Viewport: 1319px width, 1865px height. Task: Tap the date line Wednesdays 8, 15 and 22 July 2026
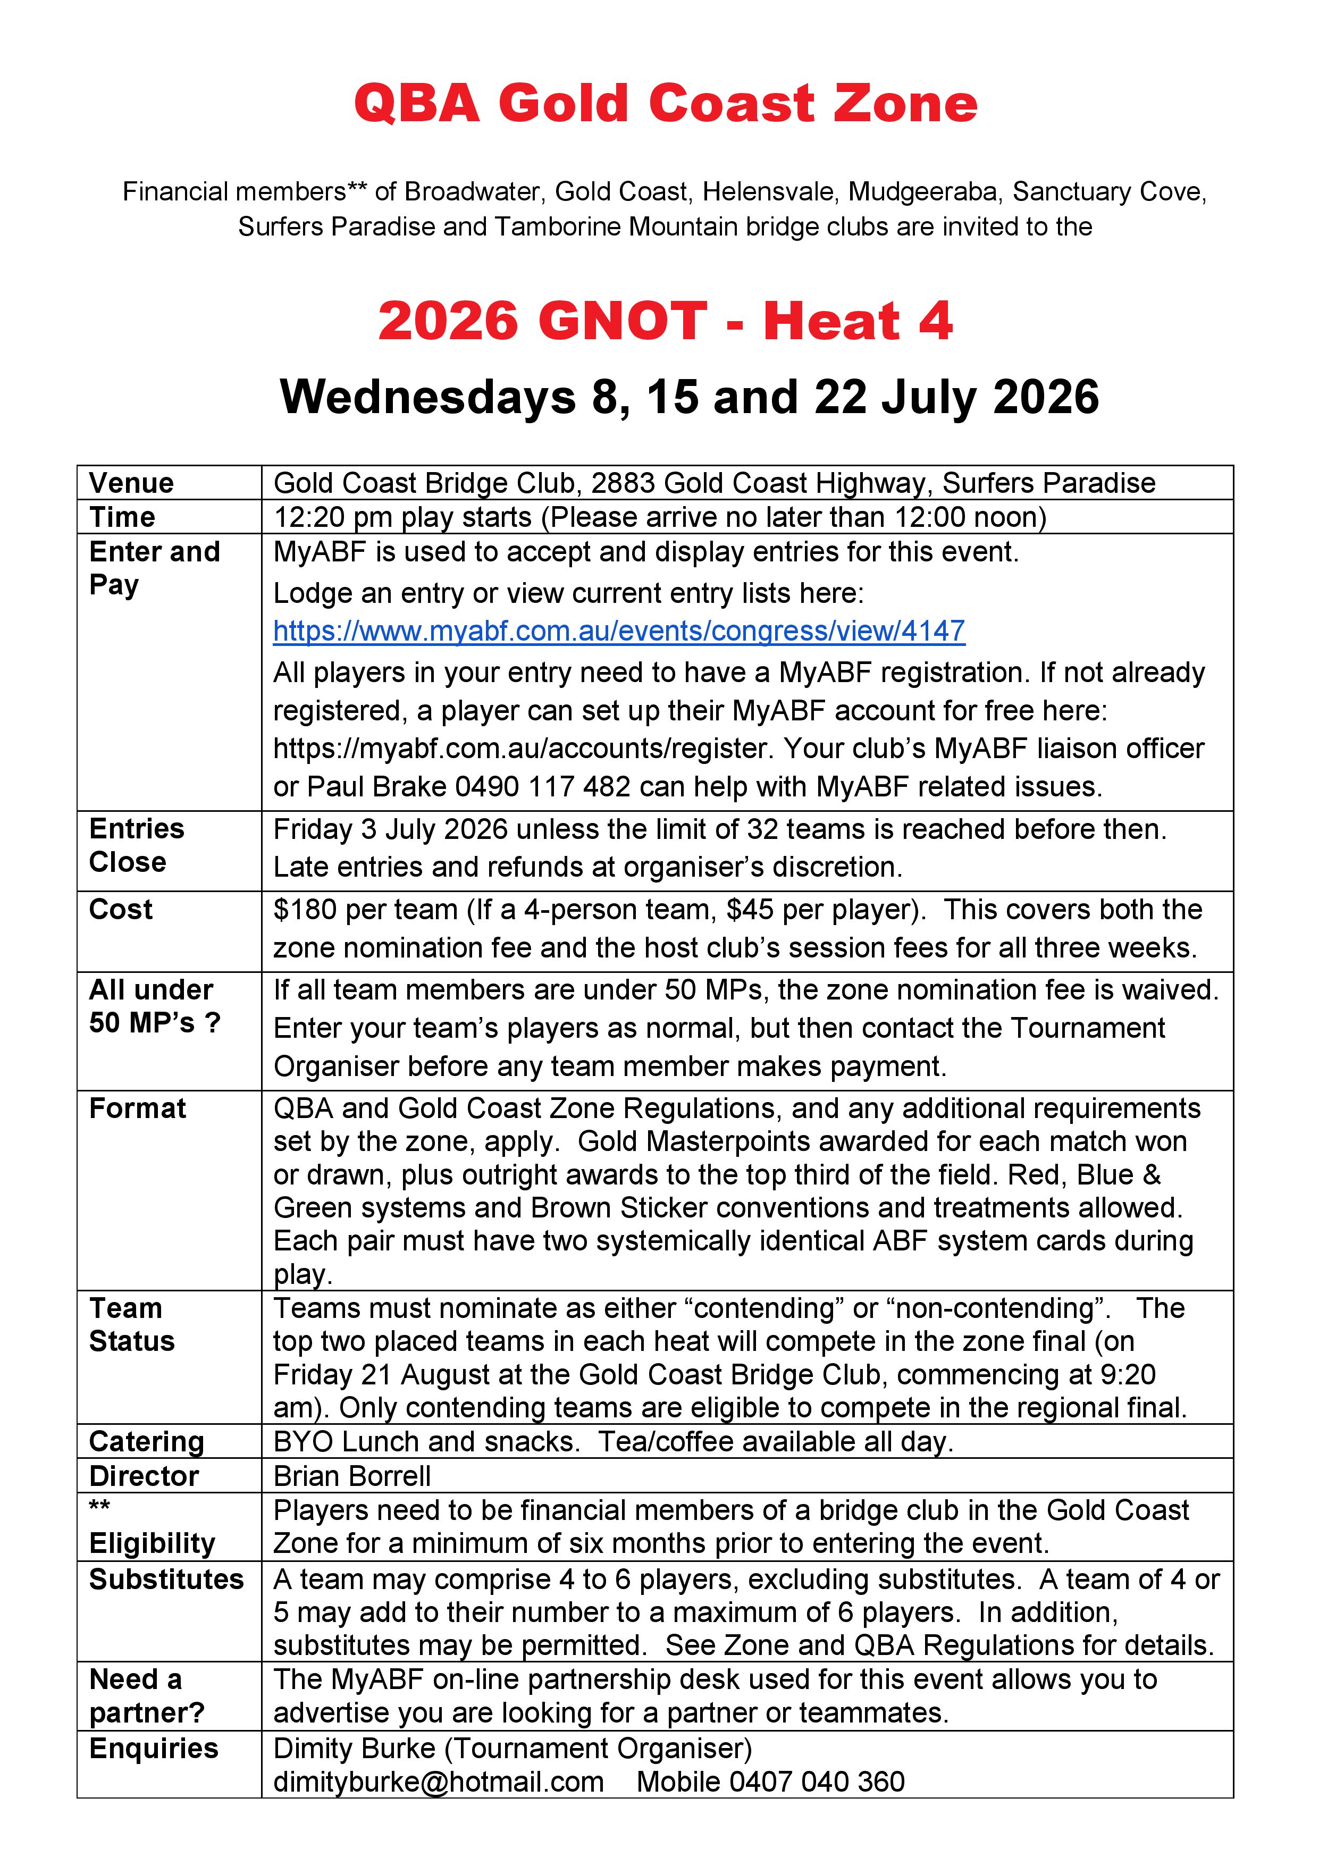pyautogui.click(x=688, y=397)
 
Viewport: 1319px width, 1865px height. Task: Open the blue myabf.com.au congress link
pyautogui.click(x=619, y=631)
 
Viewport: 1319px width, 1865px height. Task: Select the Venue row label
pyautogui.click(x=131, y=483)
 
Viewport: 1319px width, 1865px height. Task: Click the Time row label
pyautogui.click(x=122, y=517)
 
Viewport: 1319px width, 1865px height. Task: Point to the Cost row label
pyautogui.click(x=121, y=909)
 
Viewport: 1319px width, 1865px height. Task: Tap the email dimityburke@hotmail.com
pyautogui.click(x=439, y=1782)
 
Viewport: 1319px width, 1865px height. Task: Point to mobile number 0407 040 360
pyautogui.click(x=817, y=1782)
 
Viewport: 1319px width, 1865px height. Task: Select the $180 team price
pyautogui.click(x=305, y=909)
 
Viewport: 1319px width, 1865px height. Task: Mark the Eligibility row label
pyautogui.click(x=153, y=1543)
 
